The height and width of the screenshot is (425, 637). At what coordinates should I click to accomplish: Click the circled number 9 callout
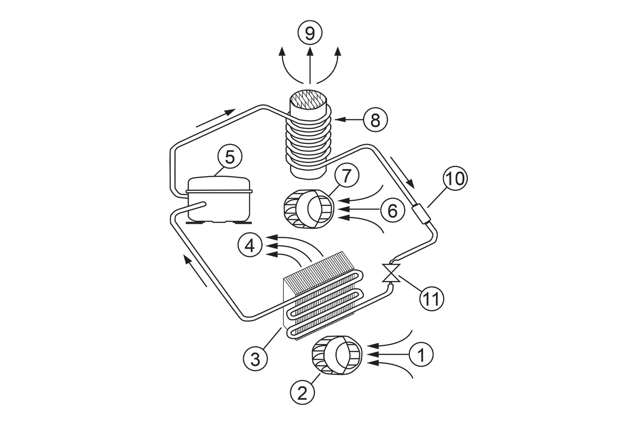point(310,33)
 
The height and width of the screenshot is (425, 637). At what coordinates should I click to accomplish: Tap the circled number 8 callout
point(375,120)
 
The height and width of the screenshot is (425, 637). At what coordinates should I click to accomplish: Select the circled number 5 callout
point(230,157)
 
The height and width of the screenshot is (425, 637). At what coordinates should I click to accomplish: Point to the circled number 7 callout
point(346,176)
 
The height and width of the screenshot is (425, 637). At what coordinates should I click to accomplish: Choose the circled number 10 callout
point(455,179)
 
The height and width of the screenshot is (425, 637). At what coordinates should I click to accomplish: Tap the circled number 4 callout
point(250,245)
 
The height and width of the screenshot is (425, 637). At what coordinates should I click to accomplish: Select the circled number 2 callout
point(302,393)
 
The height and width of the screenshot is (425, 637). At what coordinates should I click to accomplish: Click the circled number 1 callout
point(421,354)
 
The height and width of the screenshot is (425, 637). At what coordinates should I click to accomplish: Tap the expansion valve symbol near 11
point(391,273)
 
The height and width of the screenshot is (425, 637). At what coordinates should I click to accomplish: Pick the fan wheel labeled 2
point(337,355)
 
